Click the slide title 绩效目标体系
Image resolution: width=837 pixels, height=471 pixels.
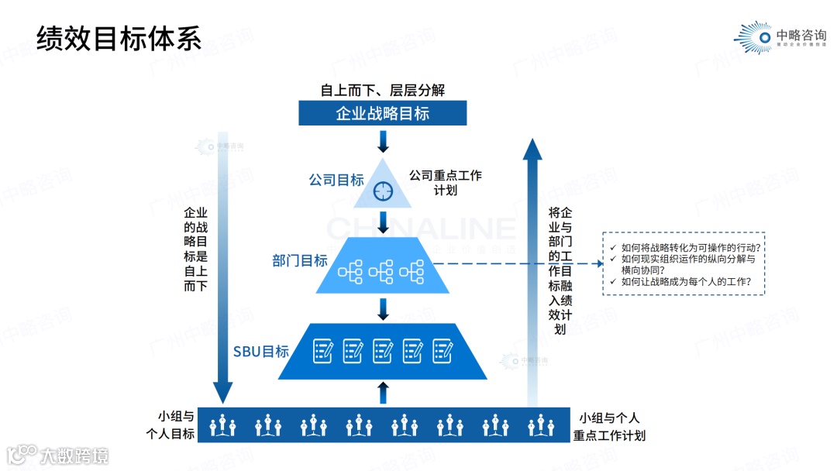pos(119,38)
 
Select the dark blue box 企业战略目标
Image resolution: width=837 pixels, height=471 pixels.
pos(383,113)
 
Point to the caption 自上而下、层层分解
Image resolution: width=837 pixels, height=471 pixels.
pos(383,91)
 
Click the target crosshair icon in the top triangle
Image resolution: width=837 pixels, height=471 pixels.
pos(383,190)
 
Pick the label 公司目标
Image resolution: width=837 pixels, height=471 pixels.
pos(336,180)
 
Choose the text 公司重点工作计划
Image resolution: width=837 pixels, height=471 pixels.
pos(446,183)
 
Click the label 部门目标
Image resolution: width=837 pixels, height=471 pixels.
pos(300,261)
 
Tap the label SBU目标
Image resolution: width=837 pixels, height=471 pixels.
pos(261,352)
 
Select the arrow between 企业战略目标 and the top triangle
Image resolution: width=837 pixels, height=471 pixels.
pos(383,141)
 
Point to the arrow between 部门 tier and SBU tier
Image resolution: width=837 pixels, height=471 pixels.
pos(383,308)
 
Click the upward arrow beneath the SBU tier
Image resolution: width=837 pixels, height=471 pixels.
pos(383,392)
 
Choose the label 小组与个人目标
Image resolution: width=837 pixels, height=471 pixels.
pos(176,425)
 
